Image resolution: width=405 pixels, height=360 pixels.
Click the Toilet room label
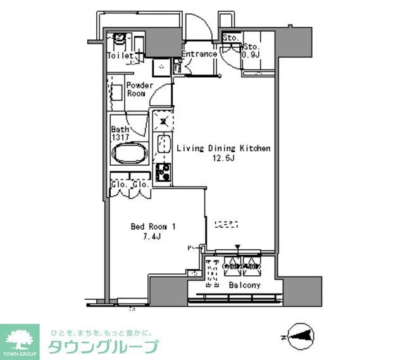pyautogui.click(x=120, y=56)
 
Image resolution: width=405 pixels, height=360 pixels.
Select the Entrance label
pyautogui.click(x=199, y=54)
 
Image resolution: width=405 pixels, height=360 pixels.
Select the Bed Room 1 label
pyautogui.click(x=153, y=226)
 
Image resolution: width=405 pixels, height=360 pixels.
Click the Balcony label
pyautogui.click(x=244, y=285)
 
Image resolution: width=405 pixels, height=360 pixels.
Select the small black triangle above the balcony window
pyautogui.click(x=237, y=247)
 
